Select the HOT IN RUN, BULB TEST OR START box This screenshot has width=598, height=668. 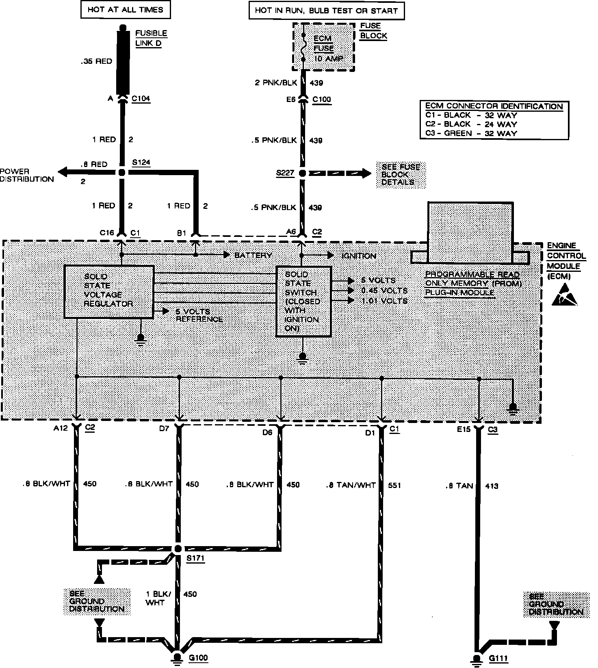click(x=326, y=11)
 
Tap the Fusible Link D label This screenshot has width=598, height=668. click(x=151, y=38)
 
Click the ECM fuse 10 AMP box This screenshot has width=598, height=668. click(x=323, y=48)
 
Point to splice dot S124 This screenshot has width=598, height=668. click(x=121, y=173)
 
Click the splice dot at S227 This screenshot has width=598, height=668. click(x=302, y=174)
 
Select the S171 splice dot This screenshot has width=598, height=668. click(x=178, y=549)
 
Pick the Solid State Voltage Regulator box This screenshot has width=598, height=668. click(x=109, y=291)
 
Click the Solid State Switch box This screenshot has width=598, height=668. click(x=303, y=301)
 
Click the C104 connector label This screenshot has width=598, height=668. click(x=141, y=98)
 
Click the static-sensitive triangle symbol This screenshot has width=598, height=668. click(x=564, y=295)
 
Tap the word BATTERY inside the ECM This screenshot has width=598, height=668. click(x=253, y=255)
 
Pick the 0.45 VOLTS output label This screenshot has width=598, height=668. click(x=384, y=291)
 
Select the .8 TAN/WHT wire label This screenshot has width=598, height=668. click(x=351, y=485)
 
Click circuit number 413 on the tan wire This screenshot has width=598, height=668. click(x=492, y=486)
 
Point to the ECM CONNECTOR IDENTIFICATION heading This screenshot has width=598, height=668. click(x=494, y=106)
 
